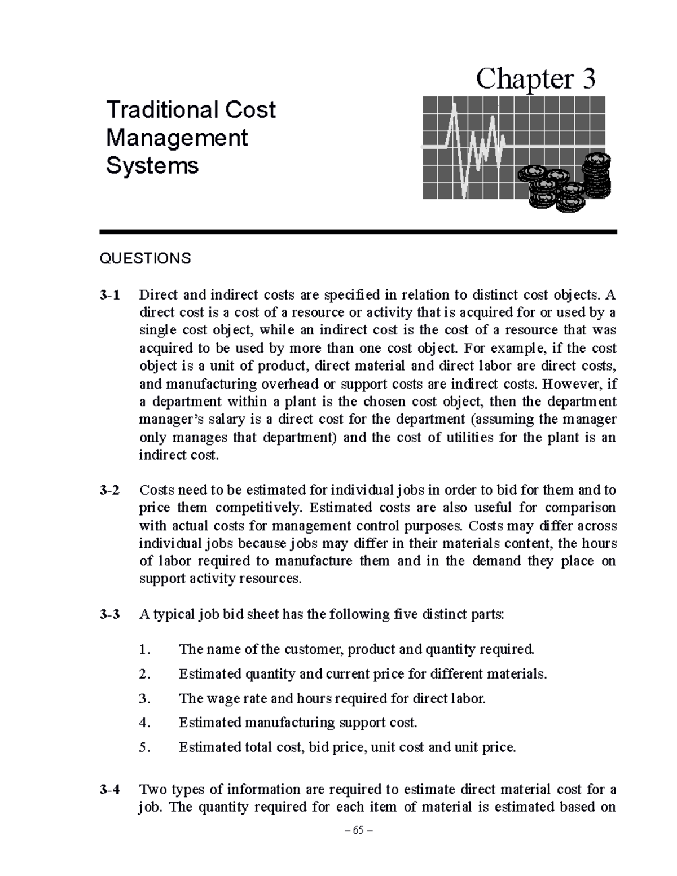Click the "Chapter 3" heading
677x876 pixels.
point(535,79)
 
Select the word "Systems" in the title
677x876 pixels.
point(152,166)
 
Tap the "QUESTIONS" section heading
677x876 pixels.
point(145,258)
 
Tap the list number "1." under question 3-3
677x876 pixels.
point(145,650)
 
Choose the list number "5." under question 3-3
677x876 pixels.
point(145,747)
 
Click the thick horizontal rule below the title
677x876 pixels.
point(358,231)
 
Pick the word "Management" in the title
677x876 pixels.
point(177,138)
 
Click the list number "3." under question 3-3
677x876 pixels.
point(145,699)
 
